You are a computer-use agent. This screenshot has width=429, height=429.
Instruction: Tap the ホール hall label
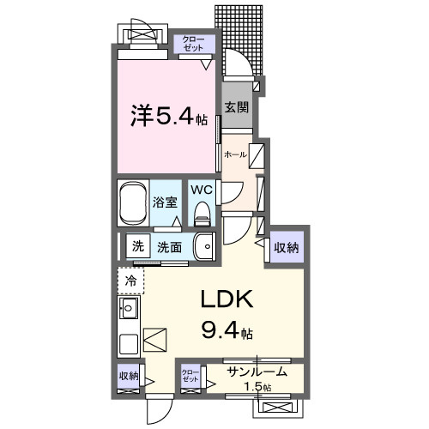click(235, 154)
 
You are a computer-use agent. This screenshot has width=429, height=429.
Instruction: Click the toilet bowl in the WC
click(202, 210)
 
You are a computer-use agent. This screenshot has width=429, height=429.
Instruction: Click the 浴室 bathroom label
click(165, 203)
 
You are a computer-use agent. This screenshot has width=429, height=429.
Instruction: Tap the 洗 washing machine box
click(136, 247)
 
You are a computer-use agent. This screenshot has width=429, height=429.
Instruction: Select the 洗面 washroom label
click(169, 247)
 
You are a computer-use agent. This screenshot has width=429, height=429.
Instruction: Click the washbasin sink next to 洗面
click(203, 247)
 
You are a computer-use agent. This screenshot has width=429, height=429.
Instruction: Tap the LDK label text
click(226, 300)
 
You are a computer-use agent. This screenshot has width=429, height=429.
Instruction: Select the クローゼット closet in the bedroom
click(192, 44)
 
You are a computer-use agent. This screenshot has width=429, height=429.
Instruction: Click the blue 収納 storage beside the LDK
click(287, 247)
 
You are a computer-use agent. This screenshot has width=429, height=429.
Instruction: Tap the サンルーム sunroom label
click(257, 372)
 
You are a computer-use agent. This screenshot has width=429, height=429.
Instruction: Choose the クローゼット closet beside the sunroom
click(190, 376)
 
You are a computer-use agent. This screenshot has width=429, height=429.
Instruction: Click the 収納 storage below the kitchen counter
click(130, 375)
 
